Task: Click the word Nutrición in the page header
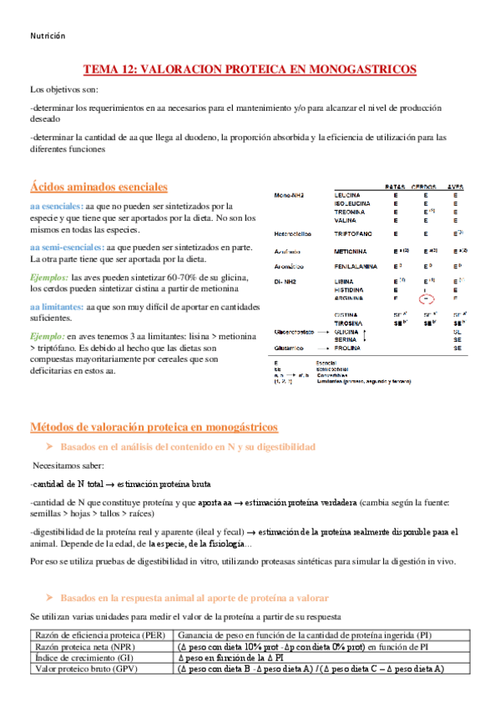coord(48,36)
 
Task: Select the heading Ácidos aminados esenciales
coord(98,187)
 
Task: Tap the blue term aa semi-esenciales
coord(64,248)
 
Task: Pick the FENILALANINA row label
coord(359,266)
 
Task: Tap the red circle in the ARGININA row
coord(427,298)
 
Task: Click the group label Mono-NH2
coord(289,195)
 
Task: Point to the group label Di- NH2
coord(286,283)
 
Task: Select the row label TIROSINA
coord(350,322)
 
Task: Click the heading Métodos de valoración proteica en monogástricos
coord(154,427)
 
